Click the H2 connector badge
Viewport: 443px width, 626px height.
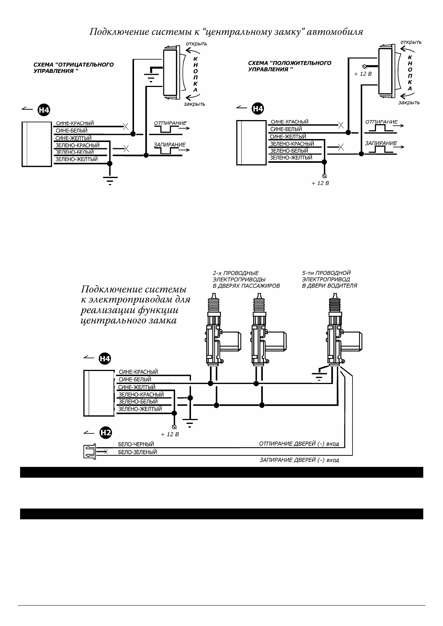pos(106,432)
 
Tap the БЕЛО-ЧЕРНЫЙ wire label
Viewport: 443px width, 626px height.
pos(136,444)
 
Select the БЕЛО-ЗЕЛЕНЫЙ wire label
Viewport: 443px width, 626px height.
pos(137,452)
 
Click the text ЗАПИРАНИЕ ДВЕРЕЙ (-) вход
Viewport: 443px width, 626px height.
pos(299,460)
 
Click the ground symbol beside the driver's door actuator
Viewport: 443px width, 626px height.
pos(319,375)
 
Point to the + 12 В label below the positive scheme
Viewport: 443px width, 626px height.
pos(320,183)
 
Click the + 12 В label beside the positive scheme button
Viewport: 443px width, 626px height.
pos(363,74)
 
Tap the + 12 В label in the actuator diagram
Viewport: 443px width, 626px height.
pos(170,434)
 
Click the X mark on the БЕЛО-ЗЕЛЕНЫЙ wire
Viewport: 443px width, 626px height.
pos(106,452)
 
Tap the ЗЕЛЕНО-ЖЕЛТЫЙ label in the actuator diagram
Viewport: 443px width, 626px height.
pos(140,409)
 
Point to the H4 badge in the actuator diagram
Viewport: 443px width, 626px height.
pos(105,359)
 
